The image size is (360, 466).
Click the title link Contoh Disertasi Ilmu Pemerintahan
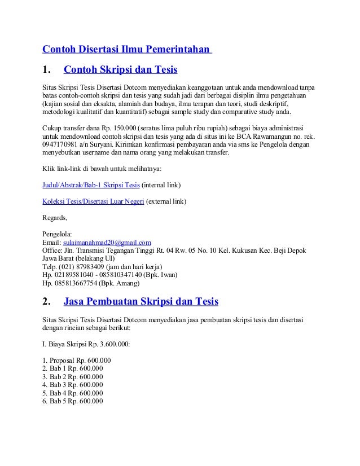[126, 49]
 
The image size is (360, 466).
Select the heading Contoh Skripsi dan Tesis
[121, 71]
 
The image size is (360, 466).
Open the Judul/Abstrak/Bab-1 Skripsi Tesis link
[91, 184]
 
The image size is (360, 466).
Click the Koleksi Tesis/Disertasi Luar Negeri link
[94, 201]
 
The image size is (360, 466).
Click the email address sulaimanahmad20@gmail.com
[107, 243]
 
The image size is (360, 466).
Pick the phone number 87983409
[86, 267]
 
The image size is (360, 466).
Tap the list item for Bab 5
[73, 401]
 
